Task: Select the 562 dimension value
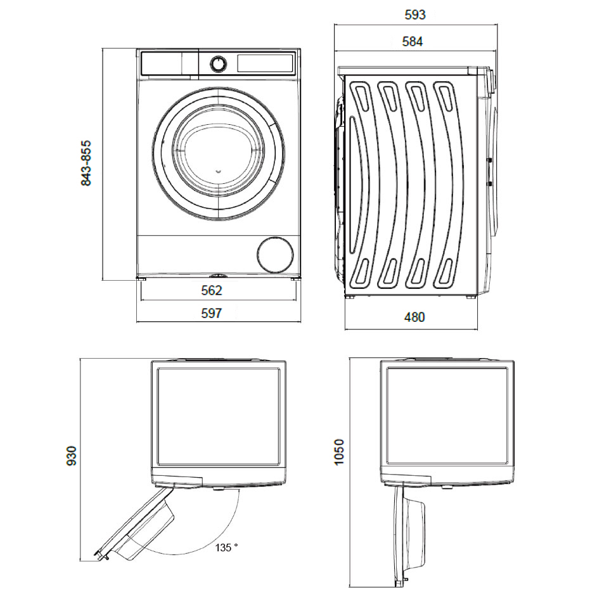tap(211, 291)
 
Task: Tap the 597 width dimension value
tap(211, 313)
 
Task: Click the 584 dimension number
tap(413, 42)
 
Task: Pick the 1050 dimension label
tap(339, 452)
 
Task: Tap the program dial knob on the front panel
tap(218, 63)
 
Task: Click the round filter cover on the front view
tap(275, 255)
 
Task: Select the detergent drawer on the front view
tap(162, 63)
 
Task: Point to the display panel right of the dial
tap(265, 63)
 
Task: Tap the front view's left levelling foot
tap(143, 278)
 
